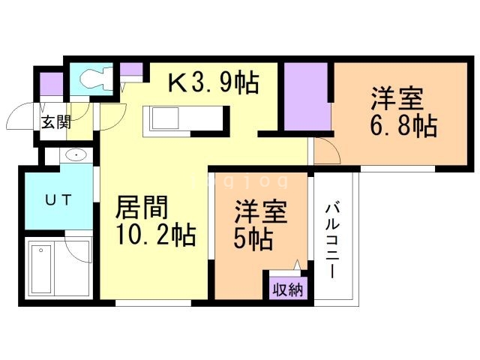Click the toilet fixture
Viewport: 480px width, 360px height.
click(x=91, y=77)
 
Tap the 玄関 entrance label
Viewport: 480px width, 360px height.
click(x=55, y=122)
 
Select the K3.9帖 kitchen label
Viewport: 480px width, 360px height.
click(x=212, y=80)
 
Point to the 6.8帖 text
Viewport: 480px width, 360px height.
click(x=403, y=125)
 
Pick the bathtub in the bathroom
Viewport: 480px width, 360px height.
click(x=43, y=268)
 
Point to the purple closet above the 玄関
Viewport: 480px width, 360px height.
click(x=52, y=83)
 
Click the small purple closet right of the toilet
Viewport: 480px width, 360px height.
click(x=131, y=72)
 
